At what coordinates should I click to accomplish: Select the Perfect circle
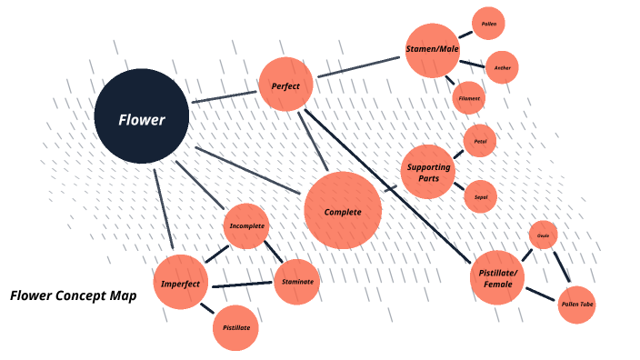tap(286, 85)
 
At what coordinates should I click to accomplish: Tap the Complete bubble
tap(343, 211)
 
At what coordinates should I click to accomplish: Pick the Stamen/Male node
tap(432, 50)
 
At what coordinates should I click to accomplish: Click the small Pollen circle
tap(488, 24)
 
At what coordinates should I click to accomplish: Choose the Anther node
tap(502, 67)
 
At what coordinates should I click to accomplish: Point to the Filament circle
tap(468, 97)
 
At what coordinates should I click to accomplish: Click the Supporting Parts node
tap(428, 172)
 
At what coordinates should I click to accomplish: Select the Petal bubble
tap(480, 142)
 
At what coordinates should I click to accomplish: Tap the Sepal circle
tap(480, 195)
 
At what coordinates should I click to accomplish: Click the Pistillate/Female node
tap(497, 277)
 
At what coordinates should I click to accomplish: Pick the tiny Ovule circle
tap(543, 235)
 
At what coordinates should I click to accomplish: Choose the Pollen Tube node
tap(577, 305)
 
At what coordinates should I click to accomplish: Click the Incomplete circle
tap(247, 225)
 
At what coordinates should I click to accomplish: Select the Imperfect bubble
tap(181, 283)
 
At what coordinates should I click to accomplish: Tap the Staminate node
tap(297, 282)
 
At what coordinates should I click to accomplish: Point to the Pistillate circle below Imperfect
tap(235, 326)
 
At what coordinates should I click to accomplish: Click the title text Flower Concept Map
tap(74, 295)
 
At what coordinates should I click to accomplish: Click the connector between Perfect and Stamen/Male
tap(357, 70)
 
